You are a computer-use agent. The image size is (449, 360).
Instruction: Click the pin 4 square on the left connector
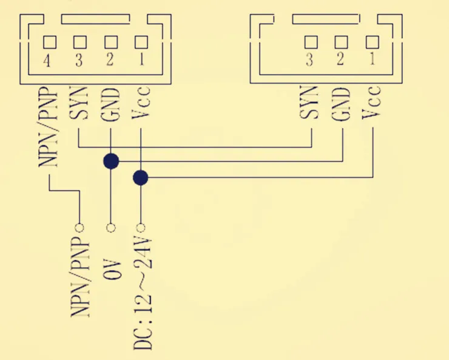tap(50, 42)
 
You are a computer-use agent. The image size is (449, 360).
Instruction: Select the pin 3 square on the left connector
tap(80, 42)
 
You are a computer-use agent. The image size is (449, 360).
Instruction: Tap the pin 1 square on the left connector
tap(141, 42)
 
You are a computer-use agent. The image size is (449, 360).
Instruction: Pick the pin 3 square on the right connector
tap(311, 42)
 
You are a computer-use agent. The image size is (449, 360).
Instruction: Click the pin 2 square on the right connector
tap(342, 42)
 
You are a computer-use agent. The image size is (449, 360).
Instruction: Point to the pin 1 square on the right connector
tap(373, 42)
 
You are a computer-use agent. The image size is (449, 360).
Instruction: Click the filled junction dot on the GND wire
tap(111, 161)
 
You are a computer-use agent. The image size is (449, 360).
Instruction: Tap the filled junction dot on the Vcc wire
tap(141, 177)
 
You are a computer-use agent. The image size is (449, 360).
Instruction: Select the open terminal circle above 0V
tap(111, 228)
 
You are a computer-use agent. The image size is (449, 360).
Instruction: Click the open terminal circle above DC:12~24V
tap(140, 228)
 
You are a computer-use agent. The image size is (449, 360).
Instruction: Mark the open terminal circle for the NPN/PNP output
tap(79, 228)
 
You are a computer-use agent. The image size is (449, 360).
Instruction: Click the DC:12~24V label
tap(143, 294)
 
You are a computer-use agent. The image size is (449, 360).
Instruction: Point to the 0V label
tap(112, 270)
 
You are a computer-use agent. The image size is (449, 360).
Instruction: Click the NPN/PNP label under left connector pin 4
tap(48, 127)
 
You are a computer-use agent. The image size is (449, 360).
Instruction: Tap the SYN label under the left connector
tap(78, 103)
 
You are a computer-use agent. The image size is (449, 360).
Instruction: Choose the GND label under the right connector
tap(341, 104)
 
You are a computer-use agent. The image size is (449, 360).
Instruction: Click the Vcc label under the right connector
tap(371, 102)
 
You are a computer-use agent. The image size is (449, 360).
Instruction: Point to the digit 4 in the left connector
tap(47, 61)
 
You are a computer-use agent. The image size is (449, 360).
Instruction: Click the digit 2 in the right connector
tap(340, 59)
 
